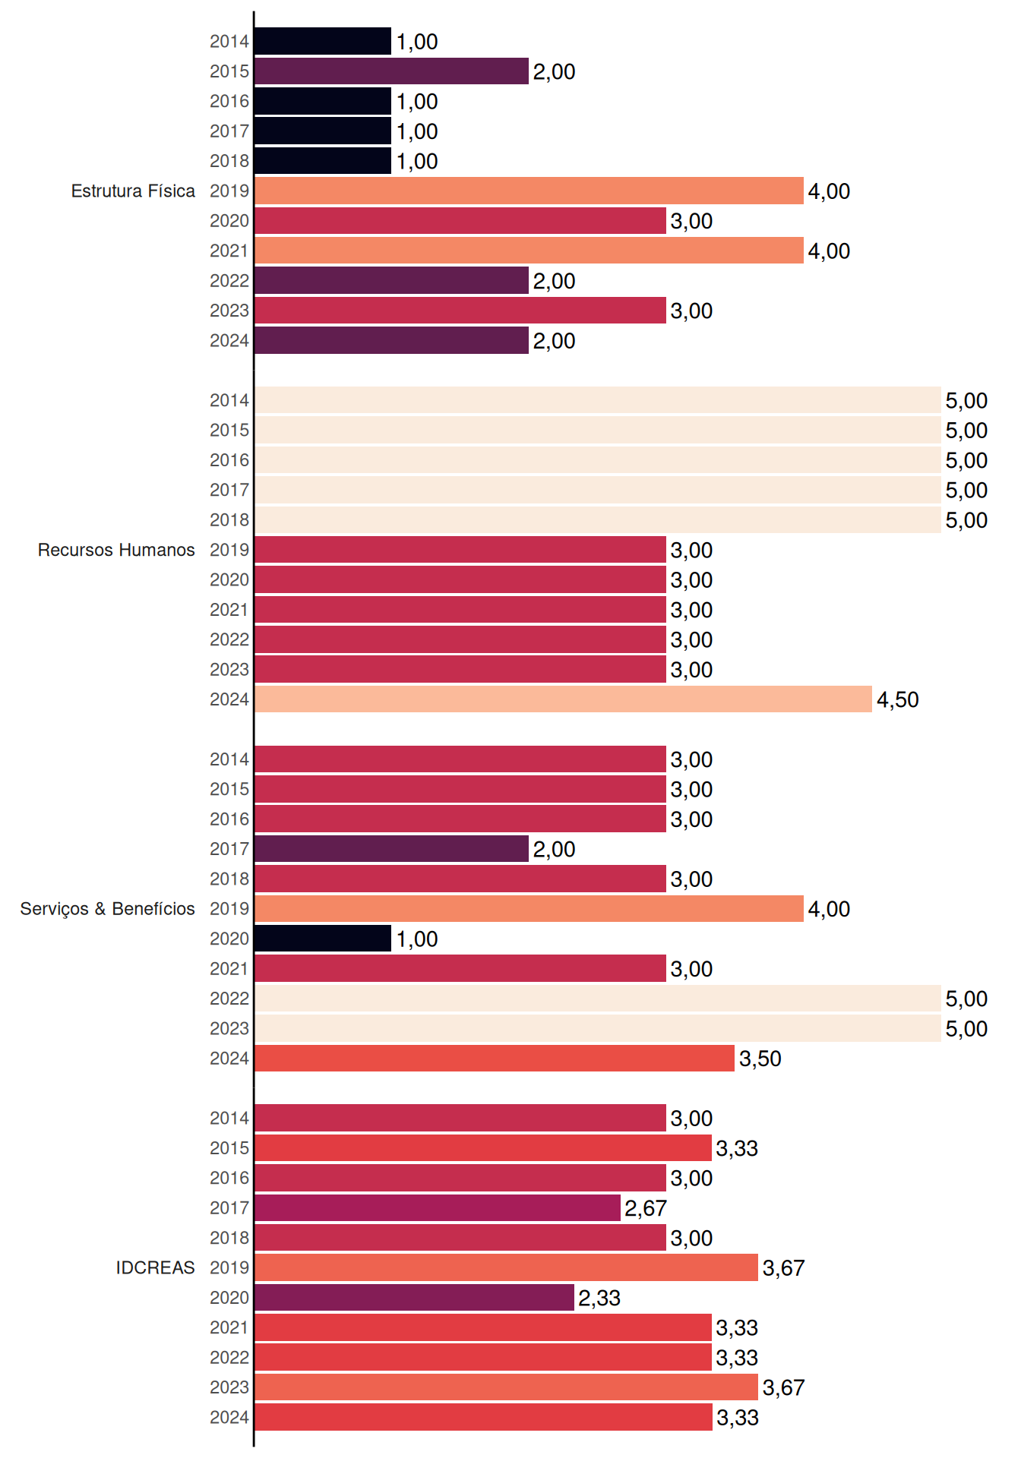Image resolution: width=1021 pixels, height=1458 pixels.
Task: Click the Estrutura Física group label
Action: click(x=133, y=191)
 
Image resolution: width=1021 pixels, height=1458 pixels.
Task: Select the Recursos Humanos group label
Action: click(x=116, y=550)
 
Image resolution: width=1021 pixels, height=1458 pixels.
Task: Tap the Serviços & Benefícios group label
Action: click(x=107, y=909)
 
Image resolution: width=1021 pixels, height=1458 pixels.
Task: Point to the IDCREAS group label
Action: click(x=155, y=1267)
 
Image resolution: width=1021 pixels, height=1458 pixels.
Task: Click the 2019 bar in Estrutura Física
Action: click(x=529, y=191)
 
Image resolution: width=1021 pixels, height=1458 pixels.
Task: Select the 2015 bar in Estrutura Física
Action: click(x=391, y=71)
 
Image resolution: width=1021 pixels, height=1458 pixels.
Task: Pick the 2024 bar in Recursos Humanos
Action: click(x=563, y=699)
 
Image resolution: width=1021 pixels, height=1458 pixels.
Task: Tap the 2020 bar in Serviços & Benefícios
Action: click(x=323, y=939)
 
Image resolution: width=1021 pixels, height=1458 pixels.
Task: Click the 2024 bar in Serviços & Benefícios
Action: click(x=495, y=1058)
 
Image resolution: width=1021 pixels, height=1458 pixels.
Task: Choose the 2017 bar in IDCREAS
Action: click(x=438, y=1207)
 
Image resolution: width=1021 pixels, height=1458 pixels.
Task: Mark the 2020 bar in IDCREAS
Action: click(x=414, y=1298)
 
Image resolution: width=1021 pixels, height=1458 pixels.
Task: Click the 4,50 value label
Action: click(x=898, y=699)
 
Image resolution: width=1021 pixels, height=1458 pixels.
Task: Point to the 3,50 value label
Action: click(x=760, y=1059)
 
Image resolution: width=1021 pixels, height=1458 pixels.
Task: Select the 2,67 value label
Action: click(x=646, y=1208)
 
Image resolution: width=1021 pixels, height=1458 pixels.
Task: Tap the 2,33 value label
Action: click(x=599, y=1298)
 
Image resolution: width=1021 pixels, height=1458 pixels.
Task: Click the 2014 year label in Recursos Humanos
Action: click(x=229, y=400)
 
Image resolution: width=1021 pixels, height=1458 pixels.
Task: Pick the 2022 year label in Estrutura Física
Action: click(x=229, y=280)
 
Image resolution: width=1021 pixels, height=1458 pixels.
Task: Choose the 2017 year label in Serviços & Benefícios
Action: click(x=229, y=849)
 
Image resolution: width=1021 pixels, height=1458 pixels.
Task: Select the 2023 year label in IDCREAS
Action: click(x=229, y=1387)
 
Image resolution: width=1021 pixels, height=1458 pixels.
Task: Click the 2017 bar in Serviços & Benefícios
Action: click(x=391, y=849)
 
